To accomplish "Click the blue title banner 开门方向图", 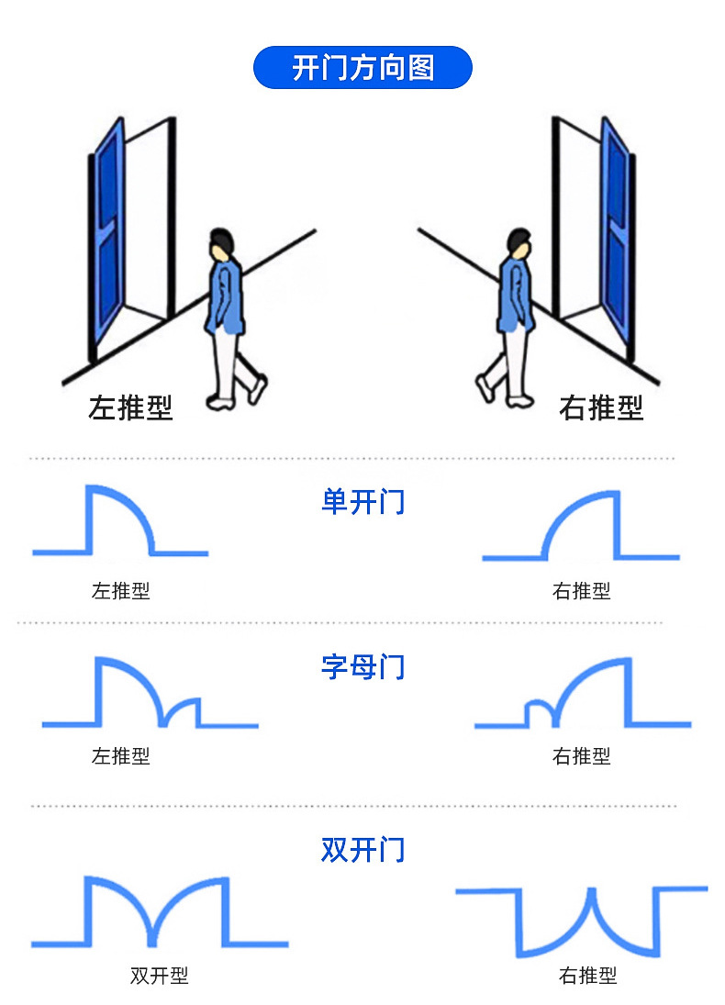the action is [x=362, y=67].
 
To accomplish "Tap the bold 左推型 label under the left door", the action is [x=130, y=408].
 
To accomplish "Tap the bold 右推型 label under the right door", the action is [x=601, y=408].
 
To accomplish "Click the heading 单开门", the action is [x=362, y=502].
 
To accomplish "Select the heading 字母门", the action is [x=362, y=667].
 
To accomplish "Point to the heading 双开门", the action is [x=362, y=850].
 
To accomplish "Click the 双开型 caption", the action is [x=160, y=976].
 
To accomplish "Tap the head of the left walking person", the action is [x=220, y=244].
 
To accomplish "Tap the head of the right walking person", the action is [x=519, y=244].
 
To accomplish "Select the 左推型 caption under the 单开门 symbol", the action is [x=121, y=590].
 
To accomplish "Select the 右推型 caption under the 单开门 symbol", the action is [x=582, y=590].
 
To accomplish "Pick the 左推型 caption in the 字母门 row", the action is [x=121, y=755].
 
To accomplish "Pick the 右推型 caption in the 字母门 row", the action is [x=582, y=755].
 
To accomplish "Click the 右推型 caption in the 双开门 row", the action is [x=588, y=976].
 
